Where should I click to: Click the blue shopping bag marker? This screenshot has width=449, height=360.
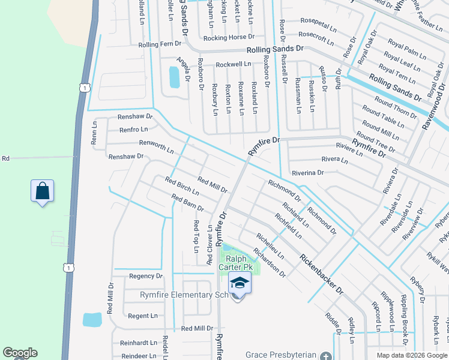[42, 191]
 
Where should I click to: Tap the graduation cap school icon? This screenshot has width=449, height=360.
[240, 283]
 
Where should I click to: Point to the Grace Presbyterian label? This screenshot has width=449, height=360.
[281, 355]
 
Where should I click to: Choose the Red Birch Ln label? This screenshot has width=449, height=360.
[182, 185]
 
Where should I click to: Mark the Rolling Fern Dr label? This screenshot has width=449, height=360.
[160, 44]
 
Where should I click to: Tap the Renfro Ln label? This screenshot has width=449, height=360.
[133, 129]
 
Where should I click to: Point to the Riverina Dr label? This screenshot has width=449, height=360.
[307, 172]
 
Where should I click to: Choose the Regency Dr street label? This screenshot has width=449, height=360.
[146, 277]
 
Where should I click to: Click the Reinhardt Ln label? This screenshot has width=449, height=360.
[138, 342]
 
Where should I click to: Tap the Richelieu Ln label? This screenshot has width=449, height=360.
[270, 246]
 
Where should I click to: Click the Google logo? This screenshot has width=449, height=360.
[20, 353]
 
